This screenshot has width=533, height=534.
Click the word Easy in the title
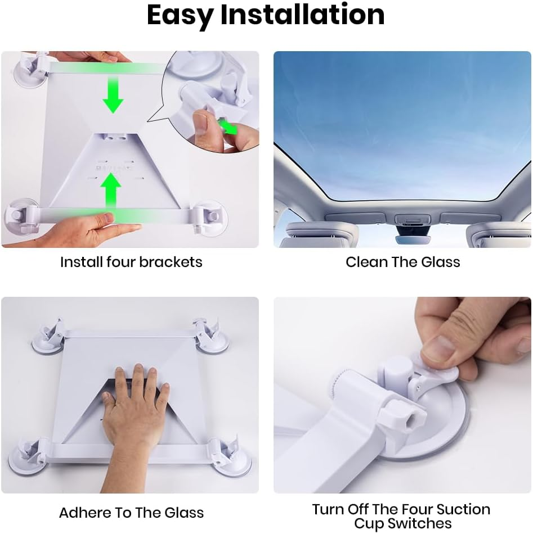pyautogui.click(x=180, y=16)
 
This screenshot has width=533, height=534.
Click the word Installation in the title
pyautogui.click(x=302, y=16)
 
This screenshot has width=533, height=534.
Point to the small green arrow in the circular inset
pyautogui.click(x=229, y=126)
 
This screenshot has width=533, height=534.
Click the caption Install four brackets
pyautogui.click(x=131, y=262)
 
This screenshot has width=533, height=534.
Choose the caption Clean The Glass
pyautogui.click(x=402, y=262)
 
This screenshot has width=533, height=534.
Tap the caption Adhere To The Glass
pyautogui.click(x=131, y=513)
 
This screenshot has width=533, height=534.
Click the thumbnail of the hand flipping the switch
pyautogui.click(x=445, y=343)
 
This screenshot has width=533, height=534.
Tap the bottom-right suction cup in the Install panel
pyautogui.click(x=211, y=217)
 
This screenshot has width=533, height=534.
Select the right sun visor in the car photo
pyautogui.click(x=498, y=234)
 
